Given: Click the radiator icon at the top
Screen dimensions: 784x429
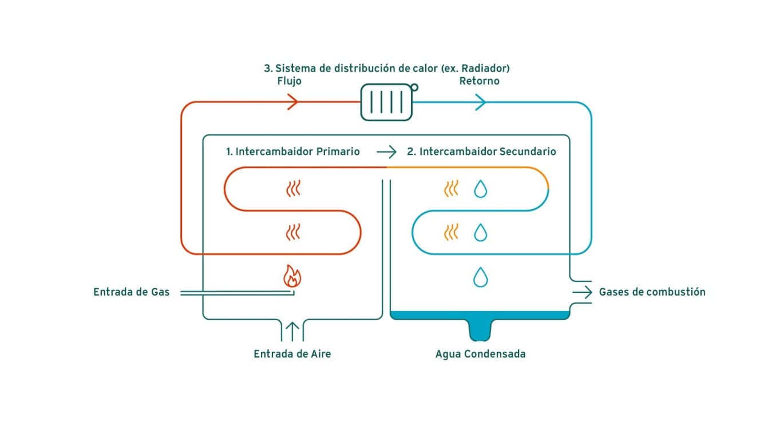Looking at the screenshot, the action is coord(386,102).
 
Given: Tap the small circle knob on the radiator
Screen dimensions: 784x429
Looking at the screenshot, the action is coord(414,87).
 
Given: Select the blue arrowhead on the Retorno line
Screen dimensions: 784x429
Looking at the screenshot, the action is coord(480,102).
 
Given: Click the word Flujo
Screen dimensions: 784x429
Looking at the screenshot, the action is coord(289,81).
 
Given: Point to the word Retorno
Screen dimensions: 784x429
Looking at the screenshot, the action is coord(479,81).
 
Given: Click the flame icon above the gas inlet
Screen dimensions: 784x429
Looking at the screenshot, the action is coord(292,276).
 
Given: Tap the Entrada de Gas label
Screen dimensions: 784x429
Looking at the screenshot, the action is coord(131,292).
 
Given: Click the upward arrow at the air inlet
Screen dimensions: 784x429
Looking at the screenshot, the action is coord(292,331).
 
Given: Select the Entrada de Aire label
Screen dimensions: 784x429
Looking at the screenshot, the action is coord(292,354).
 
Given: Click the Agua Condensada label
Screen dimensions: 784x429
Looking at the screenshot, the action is coord(481,354).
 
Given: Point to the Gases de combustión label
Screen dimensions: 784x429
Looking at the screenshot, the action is coord(652,292).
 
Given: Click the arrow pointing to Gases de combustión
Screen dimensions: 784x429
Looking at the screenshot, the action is coord(582,292).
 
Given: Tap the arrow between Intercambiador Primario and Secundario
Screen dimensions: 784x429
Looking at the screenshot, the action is coord(386,152).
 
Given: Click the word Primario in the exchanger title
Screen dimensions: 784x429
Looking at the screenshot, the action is coord(338,152).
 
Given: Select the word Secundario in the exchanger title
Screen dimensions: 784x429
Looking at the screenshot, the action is coord(528,152).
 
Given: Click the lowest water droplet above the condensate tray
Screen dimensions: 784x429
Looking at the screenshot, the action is coord(481,277).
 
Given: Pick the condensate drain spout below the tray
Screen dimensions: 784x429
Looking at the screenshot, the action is coord(480,330).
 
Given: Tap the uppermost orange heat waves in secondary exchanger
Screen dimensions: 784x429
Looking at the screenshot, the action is coord(451,189).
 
